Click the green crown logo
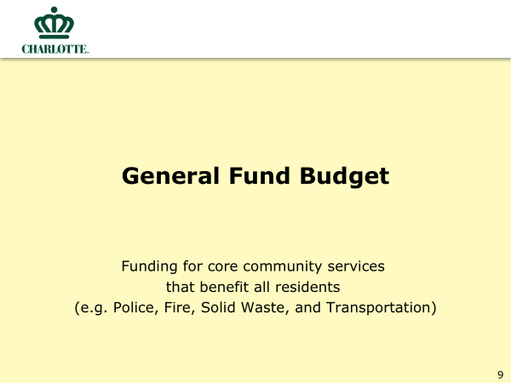55,23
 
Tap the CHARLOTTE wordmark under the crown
55,49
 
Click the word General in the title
170,176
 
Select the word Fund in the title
260,176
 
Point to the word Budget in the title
344,176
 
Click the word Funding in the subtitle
150,266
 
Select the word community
282,267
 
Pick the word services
356,266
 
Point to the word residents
307,287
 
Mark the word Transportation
379,308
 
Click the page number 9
500,374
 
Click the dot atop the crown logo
55,9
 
